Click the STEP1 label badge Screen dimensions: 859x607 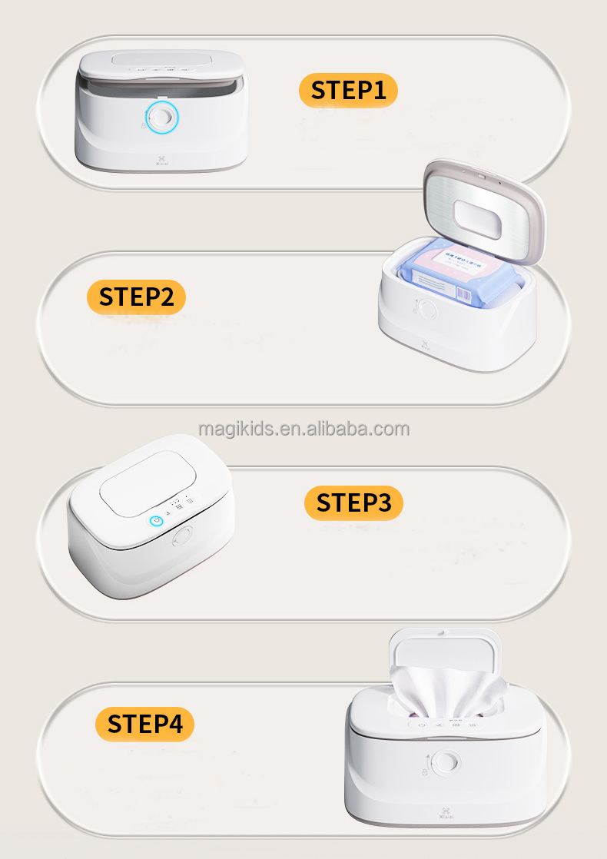tap(348, 90)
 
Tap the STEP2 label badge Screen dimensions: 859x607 tap(137, 297)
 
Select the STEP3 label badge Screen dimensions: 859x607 tap(353, 502)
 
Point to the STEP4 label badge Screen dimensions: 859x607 tap(144, 724)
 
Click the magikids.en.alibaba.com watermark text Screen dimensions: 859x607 tap(303, 429)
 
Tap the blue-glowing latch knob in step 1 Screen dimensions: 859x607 tap(161, 117)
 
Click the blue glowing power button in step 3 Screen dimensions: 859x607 tap(157, 521)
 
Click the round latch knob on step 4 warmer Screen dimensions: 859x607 tap(443, 762)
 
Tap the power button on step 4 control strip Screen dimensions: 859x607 tap(421, 723)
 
